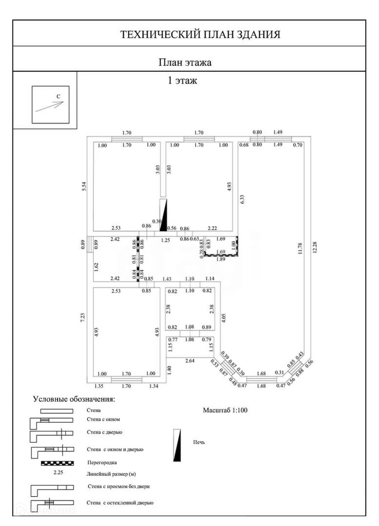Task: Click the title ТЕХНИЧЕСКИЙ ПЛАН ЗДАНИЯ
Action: click(200, 35)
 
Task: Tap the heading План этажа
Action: click(185, 62)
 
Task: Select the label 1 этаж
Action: click(182, 81)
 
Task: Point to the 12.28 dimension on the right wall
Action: click(315, 247)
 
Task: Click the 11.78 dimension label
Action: click(300, 248)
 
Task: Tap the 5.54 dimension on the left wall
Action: click(84, 187)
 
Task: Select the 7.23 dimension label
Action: click(82, 318)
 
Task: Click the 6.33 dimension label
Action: click(242, 199)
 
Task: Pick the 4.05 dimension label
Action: click(224, 318)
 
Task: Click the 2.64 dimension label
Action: click(190, 361)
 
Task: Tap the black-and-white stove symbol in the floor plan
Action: click(163, 215)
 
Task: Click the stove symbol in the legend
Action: click(177, 445)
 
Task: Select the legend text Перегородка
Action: click(102, 462)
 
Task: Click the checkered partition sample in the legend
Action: click(57, 463)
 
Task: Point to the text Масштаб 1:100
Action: click(225, 410)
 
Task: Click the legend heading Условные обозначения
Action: click(74, 399)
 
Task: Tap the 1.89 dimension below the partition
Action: click(221, 259)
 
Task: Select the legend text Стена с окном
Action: click(103, 419)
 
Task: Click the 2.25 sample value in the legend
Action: click(58, 472)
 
